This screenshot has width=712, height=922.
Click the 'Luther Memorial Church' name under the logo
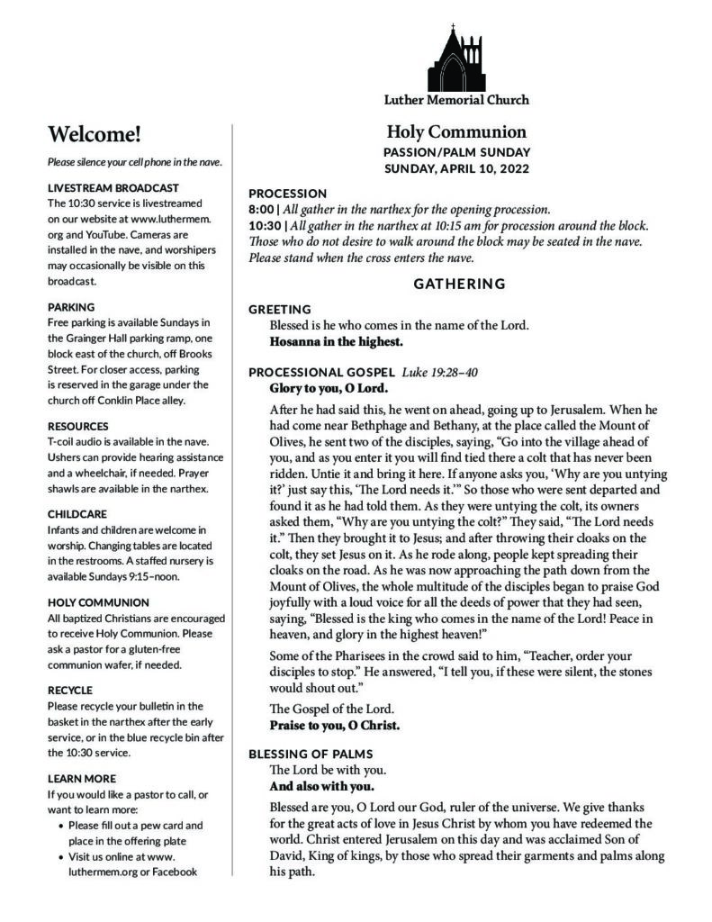click(x=456, y=99)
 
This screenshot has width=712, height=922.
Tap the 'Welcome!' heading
click(x=95, y=135)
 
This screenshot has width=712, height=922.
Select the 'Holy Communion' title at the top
click(x=456, y=131)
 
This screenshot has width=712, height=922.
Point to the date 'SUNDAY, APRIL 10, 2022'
click(x=456, y=168)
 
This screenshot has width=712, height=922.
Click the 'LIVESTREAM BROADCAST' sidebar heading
click(x=113, y=188)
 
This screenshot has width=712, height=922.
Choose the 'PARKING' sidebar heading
click(x=71, y=307)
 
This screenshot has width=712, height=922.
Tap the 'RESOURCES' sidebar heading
click(x=78, y=426)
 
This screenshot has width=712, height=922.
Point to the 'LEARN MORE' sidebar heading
click(x=81, y=778)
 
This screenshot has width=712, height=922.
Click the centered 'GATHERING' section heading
click(x=459, y=285)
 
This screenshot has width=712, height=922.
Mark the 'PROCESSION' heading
click(x=288, y=193)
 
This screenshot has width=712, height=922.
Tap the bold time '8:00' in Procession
click(x=262, y=209)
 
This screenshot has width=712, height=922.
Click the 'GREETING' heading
click(x=280, y=310)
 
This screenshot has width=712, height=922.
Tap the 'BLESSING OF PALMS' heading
click(x=311, y=754)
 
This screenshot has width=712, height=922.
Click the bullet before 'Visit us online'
click(x=59, y=856)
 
